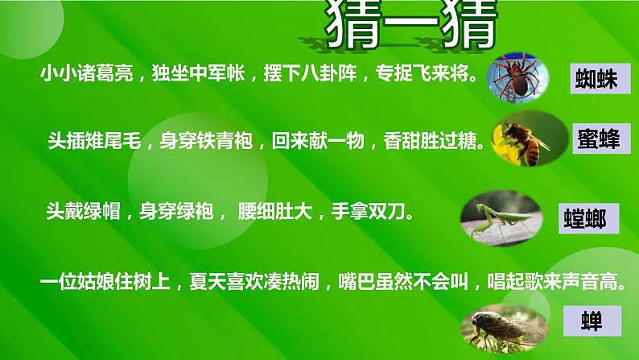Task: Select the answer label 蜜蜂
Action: [x=598, y=139]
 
